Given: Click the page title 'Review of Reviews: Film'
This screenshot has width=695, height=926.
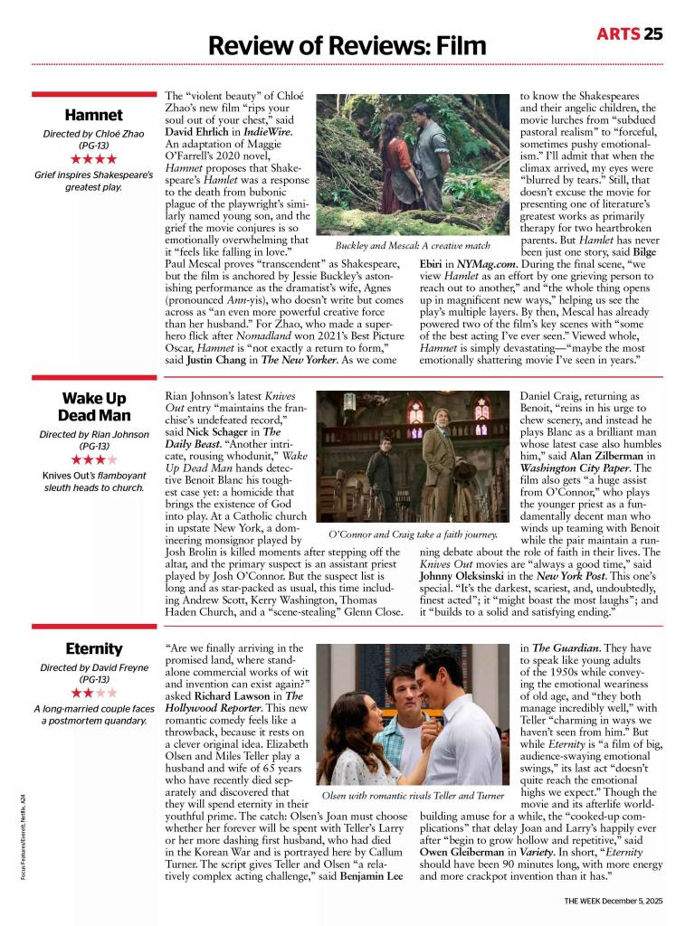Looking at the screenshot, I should pyautogui.click(x=347, y=44).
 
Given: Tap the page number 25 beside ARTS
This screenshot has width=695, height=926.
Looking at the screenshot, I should pyautogui.click(x=653, y=34).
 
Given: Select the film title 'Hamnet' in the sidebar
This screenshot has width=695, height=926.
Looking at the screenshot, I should pyautogui.click(x=94, y=115).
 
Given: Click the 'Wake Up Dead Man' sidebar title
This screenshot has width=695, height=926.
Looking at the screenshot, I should pyautogui.click(x=94, y=406).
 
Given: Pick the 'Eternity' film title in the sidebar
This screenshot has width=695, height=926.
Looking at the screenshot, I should pyautogui.click(x=94, y=648).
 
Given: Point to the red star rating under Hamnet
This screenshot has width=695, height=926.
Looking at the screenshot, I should pyautogui.click(x=94, y=159).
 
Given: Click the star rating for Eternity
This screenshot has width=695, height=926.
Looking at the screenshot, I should pyautogui.click(x=94, y=693).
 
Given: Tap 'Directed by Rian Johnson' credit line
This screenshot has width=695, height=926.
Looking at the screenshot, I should pyautogui.click(x=94, y=434).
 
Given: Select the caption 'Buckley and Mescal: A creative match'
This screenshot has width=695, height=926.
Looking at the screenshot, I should pyautogui.click(x=412, y=245).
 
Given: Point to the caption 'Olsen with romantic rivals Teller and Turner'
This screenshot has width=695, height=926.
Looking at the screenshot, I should pyautogui.click(x=413, y=796).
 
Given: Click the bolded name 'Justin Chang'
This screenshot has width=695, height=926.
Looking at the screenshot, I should pyautogui.click(x=219, y=359).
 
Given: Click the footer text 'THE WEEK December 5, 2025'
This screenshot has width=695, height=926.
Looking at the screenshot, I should pyautogui.click(x=614, y=901).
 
